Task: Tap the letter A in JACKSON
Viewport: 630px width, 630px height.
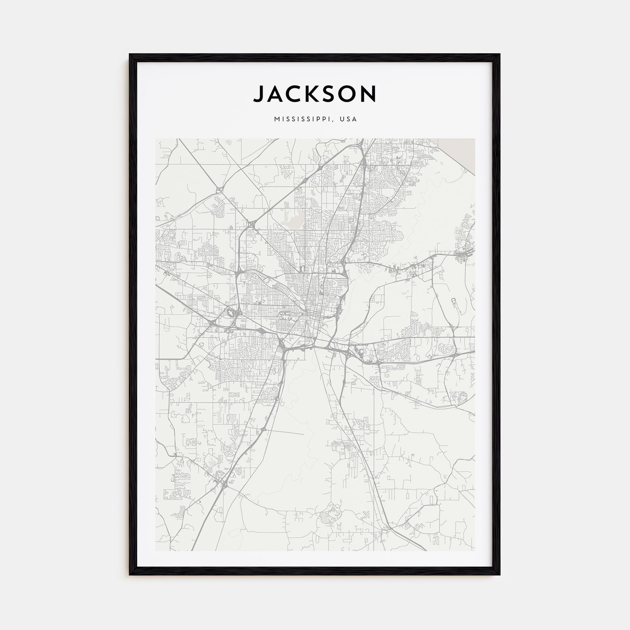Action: pos(276,94)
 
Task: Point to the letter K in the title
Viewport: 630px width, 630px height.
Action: pos(316,94)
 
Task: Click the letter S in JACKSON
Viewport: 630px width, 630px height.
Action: pos(334,94)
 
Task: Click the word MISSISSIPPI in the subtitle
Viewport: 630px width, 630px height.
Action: pos(302,119)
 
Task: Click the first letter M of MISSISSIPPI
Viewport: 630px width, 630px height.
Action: pos(277,119)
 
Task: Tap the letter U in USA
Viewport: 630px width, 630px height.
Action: pos(342,119)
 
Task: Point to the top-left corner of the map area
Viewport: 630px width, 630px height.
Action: pos(156,139)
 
